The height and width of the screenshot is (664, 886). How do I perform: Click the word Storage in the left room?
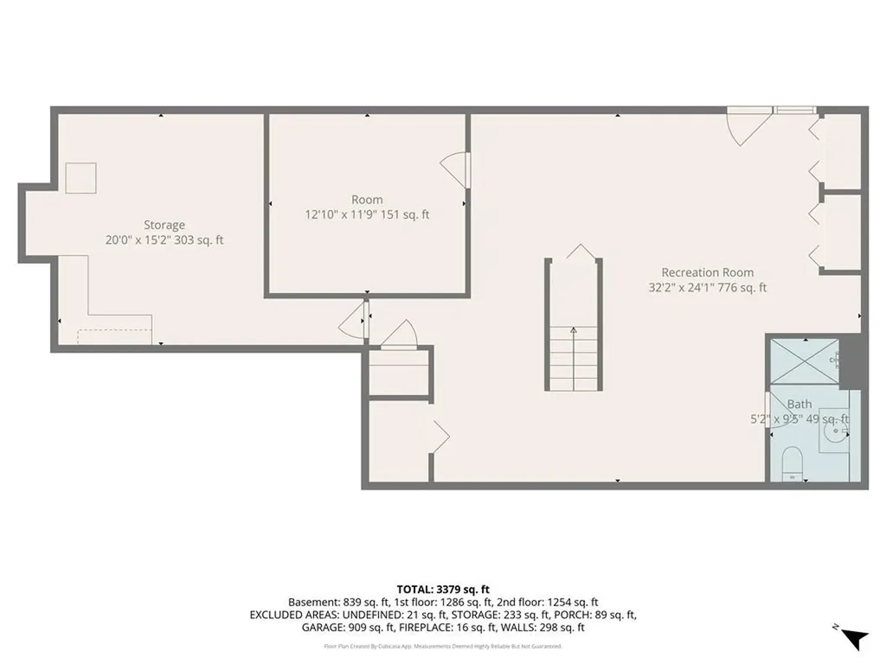click(x=164, y=226)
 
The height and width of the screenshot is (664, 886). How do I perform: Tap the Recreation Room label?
click(x=707, y=272)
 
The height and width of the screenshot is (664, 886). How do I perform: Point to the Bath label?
click(x=799, y=404)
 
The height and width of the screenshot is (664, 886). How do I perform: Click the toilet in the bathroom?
click(x=793, y=464)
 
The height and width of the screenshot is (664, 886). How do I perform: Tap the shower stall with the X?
click(x=804, y=361)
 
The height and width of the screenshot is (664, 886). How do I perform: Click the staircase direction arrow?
click(x=573, y=330)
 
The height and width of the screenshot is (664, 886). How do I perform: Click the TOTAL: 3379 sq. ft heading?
click(x=442, y=588)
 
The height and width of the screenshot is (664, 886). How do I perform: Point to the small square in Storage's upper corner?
click(x=81, y=177)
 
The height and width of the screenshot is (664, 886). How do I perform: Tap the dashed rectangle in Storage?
click(x=113, y=335)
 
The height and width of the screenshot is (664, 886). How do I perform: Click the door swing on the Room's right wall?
click(x=455, y=168)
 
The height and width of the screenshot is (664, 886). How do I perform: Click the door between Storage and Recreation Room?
click(x=354, y=322)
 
